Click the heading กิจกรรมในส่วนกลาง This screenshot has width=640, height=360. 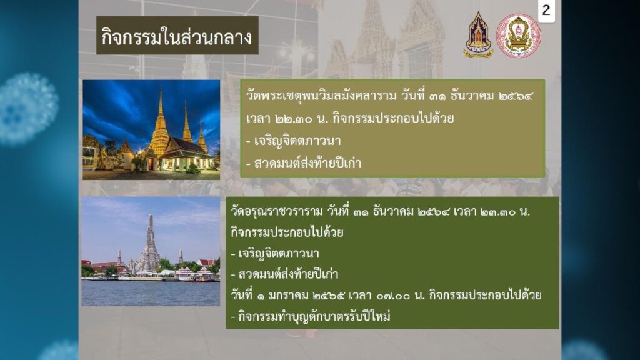click(177, 37)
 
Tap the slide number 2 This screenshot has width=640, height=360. click(546, 10)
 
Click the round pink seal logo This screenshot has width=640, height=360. click(518, 36)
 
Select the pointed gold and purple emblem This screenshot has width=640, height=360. click(478, 35)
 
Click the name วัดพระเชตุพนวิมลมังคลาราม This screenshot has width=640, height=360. click(321, 96)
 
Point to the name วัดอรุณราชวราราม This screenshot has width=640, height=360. click(277, 211)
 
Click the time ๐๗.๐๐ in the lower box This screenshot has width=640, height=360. click(391, 296)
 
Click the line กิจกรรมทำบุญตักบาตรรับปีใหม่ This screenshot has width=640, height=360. click(311, 316)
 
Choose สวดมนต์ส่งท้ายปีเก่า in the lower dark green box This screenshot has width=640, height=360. click(284, 274)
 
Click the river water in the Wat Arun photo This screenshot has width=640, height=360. click(151, 293)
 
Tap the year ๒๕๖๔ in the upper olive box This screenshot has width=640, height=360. click(516, 96)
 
